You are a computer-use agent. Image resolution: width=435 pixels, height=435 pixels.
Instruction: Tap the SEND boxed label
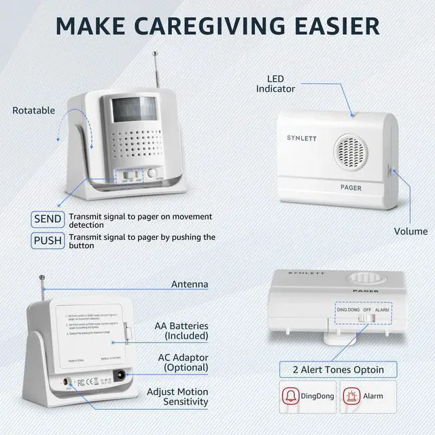coord(48,220)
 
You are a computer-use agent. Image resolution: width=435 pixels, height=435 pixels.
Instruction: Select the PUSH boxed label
coord(48,241)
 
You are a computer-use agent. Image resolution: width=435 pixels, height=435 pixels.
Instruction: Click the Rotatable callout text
coord(33,110)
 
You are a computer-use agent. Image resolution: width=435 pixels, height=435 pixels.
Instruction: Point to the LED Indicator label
coord(275,84)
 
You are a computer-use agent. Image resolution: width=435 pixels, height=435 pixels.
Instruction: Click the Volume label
coord(411,231)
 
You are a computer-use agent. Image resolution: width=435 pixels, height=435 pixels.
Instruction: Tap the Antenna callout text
coord(190,284)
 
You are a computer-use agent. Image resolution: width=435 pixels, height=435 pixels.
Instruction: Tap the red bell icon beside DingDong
coord(292,396)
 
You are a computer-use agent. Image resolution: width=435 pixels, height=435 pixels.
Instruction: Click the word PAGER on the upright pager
coord(351,188)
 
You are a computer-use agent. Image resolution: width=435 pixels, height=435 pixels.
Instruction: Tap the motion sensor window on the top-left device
coord(131,108)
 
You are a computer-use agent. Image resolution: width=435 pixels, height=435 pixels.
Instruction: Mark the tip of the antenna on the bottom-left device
coord(42,277)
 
